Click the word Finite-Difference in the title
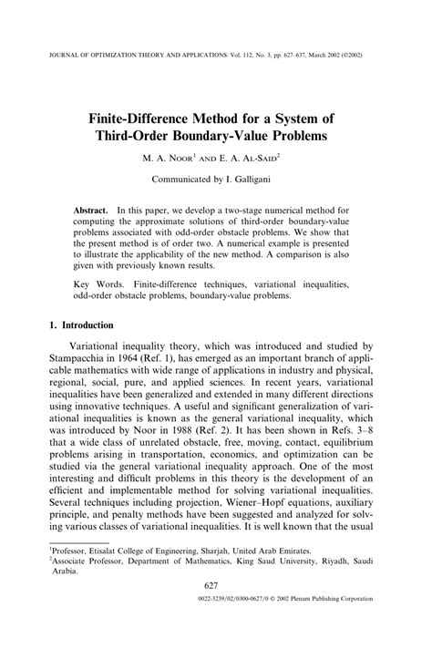(154, 118)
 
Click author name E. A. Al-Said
(251, 159)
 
